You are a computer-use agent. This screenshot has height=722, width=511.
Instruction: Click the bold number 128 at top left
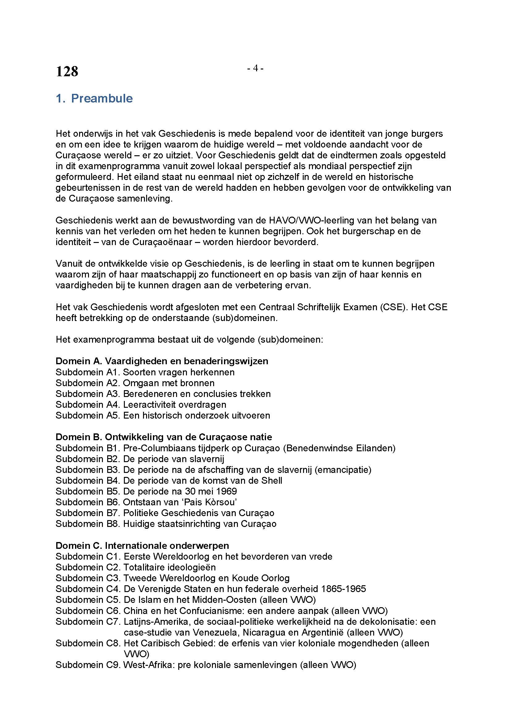point(67,72)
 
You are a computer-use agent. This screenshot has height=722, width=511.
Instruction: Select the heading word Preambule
point(102,98)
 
